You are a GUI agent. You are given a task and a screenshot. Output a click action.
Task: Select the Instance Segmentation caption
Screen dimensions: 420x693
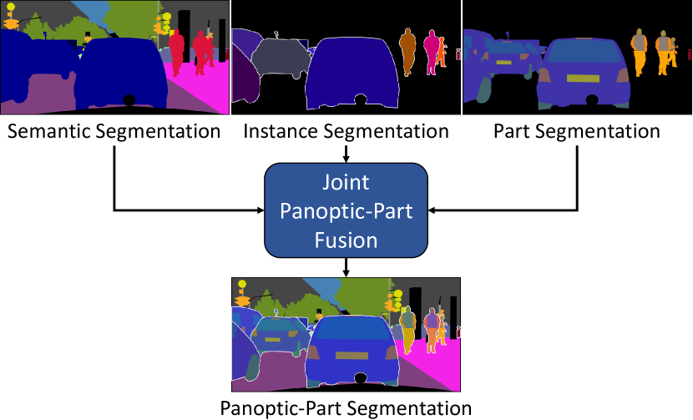(x=346, y=131)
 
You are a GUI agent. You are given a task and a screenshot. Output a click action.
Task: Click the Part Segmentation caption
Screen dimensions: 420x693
(x=576, y=131)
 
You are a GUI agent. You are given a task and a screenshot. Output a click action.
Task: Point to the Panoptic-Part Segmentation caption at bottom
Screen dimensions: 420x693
(x=346, y=408)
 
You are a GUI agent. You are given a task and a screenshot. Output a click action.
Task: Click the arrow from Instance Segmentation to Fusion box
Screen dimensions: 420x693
(x=346, y=152)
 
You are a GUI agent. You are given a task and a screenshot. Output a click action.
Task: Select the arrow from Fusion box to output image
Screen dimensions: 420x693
(x=346, y=266)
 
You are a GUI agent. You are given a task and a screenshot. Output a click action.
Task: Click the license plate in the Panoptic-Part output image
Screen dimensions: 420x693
(x=351, y=354)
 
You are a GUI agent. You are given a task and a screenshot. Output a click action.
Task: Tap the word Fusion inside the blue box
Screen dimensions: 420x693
(x=346, y=240)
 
